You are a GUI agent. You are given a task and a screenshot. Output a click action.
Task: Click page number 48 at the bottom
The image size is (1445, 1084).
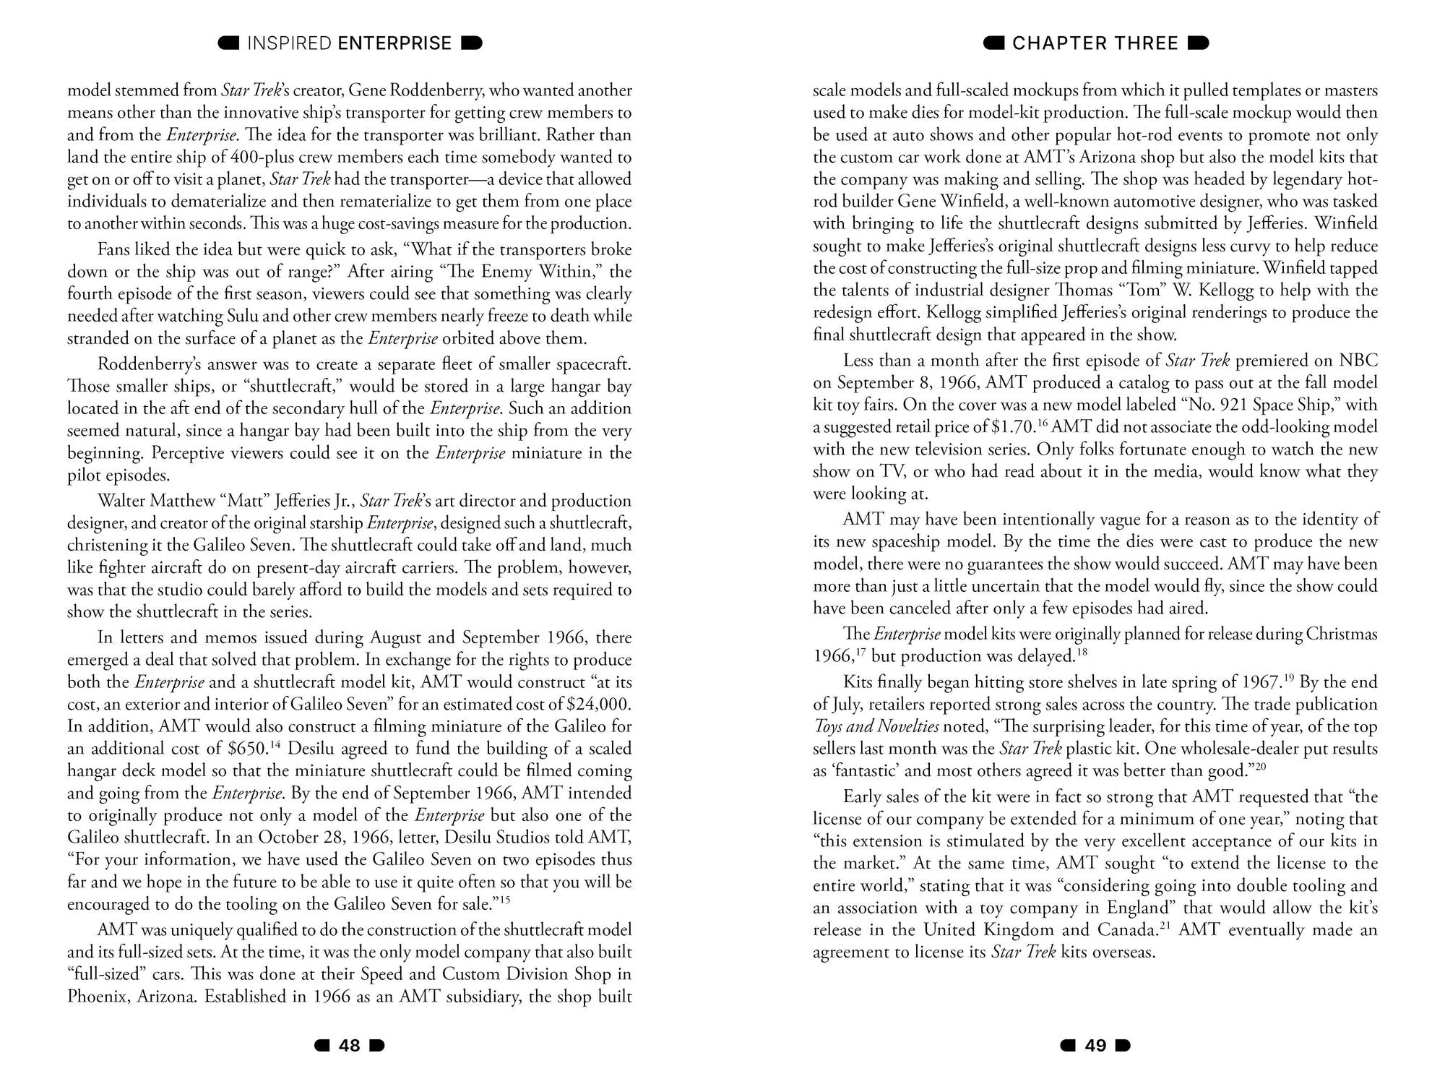click(x=349, y=1046)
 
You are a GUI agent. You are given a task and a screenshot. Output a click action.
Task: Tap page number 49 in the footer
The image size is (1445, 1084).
click(x=1095, y=1046)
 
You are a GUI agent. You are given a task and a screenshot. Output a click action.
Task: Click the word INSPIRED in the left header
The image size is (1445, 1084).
click(x=289, y=43)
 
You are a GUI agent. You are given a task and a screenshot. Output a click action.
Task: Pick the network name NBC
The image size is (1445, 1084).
click(x=1358, y=360)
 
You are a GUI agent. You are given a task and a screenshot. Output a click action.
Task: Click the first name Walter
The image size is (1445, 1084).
click(x=124, y=501)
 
